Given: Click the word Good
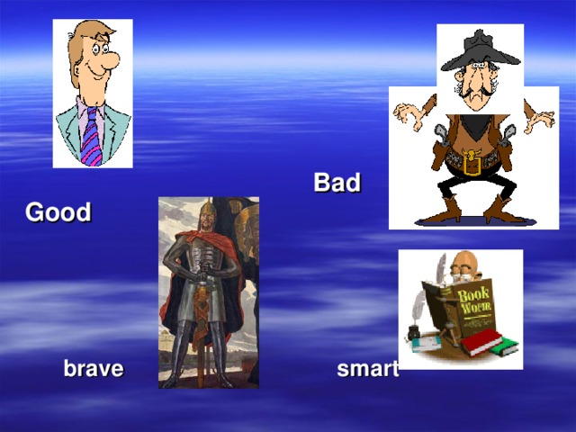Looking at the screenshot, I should click(x=58, y=213).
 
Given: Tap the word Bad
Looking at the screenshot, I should click(x=337, y=184).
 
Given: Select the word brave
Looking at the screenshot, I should click(x=93, y=369).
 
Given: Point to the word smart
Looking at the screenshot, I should click(x=367, y=369).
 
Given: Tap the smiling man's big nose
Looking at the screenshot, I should click(x=106, y=61).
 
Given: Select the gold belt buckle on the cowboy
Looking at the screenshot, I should click(x=470, y=164).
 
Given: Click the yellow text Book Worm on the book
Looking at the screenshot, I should click(x=473, y=300).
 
